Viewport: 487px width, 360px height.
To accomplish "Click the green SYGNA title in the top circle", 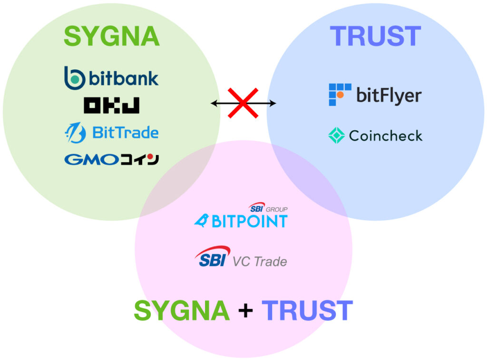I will (111, 37).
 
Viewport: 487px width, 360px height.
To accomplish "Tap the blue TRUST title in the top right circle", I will (375, 37).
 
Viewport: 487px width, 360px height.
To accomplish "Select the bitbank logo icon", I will (75, 78).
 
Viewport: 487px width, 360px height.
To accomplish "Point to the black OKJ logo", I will (111, 105).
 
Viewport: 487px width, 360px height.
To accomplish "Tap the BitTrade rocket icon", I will (75, 133).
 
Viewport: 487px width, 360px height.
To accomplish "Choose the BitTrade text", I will (125, 133).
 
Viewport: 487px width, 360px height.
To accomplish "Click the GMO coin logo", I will (111, 159).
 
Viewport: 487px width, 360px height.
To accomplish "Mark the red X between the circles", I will (243, 103).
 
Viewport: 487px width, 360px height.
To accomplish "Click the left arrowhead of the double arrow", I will (214, 103).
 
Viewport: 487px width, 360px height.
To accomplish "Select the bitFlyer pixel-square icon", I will (340, 94).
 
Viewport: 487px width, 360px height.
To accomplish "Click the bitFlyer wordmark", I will (389, 96).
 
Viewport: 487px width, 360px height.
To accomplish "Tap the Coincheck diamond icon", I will (336, 136).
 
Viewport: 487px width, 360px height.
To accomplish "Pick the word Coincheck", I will (385, 136).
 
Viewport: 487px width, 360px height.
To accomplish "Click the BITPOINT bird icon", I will (202, 221).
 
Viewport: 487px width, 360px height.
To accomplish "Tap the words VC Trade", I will (260, 262).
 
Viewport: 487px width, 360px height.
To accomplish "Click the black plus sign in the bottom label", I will (245, 311).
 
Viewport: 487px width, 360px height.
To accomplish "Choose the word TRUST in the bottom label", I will (307, 311).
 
